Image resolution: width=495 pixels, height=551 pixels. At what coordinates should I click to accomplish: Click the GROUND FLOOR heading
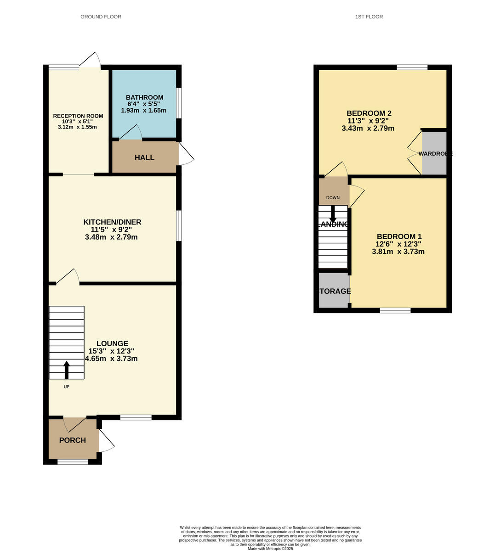(101, 17)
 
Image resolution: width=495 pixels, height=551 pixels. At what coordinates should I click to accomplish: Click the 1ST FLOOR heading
(369, 17)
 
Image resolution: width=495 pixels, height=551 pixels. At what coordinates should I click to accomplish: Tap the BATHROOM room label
(144, 97)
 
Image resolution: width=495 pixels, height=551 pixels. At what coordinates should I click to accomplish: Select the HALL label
(144, 157)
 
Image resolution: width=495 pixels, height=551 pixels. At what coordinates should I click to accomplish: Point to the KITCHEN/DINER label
(112, 222)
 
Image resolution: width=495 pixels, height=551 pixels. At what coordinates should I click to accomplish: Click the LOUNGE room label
(112, 343)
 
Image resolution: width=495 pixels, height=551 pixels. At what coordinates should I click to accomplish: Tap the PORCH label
(73, 440)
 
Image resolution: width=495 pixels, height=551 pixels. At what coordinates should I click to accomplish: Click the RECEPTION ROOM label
(78, 116)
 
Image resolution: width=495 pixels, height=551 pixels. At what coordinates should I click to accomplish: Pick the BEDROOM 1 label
(399, 237)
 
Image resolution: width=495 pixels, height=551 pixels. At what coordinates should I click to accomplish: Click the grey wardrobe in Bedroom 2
(434, 153)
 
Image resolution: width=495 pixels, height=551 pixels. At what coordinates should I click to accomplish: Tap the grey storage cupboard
(334, 291)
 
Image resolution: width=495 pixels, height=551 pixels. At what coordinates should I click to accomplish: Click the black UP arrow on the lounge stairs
(67, 369)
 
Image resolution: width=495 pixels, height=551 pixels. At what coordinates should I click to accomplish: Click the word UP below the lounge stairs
(67, 387)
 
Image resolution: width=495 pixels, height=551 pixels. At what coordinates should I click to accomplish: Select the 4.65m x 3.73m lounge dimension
(111, 359)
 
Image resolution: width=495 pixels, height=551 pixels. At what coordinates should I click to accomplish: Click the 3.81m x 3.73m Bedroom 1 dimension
(398, 252)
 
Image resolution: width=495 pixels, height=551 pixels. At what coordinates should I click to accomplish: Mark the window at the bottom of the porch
(73, 462)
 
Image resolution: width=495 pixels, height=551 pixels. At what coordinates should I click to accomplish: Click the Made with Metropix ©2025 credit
(270, 548)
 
